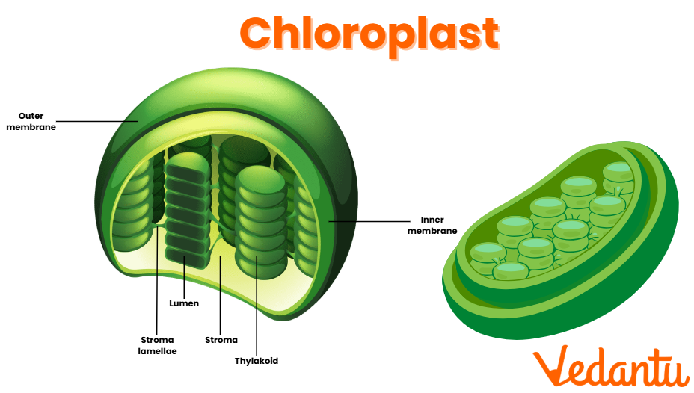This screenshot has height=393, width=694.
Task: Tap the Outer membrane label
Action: click(x=37, y=121)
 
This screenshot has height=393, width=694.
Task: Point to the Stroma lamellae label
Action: click(x=158, y=345)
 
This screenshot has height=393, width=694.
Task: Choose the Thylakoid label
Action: click(x=257, y=361)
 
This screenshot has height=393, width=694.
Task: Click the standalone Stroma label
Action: click(x=221, y=340)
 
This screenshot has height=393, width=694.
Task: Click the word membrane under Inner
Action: click(x=432, y=232)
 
